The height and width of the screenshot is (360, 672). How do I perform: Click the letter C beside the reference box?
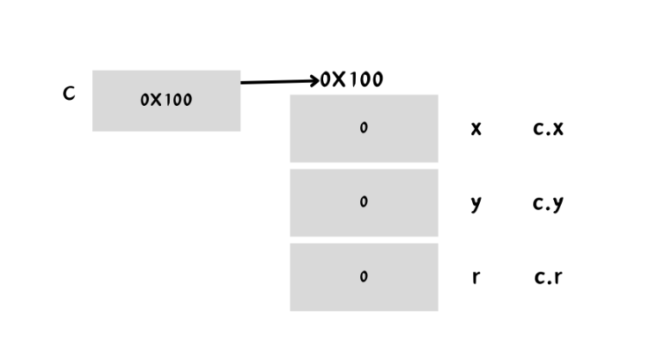click(69, 93)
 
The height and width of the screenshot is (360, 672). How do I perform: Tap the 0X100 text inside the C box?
click(166, 100)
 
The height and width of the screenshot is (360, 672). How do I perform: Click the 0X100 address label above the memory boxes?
click(352, 80)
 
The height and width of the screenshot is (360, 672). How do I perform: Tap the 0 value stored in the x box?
click(364, 128)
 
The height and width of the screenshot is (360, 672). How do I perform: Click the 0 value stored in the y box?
click(364, 202)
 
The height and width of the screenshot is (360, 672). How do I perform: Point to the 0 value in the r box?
click(364, 277)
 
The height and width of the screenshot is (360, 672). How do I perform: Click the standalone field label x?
click(476, 129)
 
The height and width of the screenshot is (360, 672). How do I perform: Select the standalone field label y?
click(476, 204)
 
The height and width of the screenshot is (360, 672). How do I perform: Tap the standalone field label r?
click(476, 277)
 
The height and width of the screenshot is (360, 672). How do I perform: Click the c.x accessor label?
click(548, 129)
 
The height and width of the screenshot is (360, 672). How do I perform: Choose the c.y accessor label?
click(548, 204)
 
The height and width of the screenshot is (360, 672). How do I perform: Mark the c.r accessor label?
click(548, 277)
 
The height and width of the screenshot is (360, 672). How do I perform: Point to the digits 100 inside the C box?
click(178, 100)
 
